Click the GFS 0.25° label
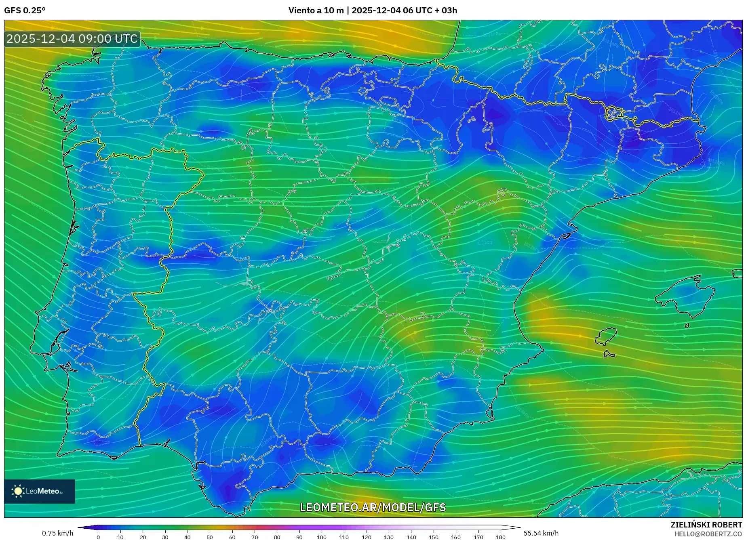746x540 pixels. point(25,11)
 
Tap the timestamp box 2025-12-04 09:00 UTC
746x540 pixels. point(72,39)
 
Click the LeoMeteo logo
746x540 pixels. point(40,491)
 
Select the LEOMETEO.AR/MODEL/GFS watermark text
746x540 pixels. point(373,507)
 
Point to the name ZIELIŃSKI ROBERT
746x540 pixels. point(706,525)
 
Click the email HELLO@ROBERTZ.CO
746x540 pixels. point(708,534)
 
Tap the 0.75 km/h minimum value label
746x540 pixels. point(57,533)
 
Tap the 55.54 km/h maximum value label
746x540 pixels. point(541,533)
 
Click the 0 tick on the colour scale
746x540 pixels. point(98,537)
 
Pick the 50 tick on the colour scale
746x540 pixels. point(210,537)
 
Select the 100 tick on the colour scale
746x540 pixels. point(322,537)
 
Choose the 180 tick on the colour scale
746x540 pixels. point(500,537)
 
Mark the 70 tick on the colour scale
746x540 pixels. point(255,537)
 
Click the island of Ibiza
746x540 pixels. point(606,336)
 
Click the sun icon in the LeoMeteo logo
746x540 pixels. point(18,491)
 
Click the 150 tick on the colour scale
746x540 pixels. point(433,537)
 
